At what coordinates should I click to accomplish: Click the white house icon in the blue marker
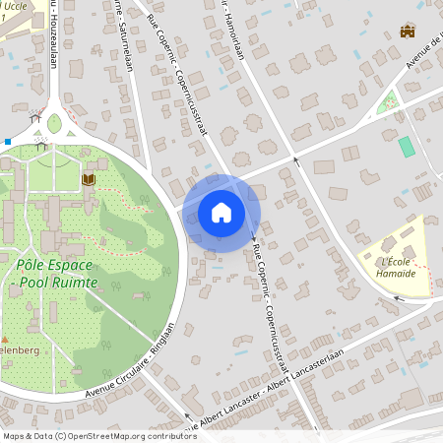pos(221,212)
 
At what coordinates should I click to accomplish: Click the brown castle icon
pos(408,31)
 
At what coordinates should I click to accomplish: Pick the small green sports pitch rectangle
pos(406,147)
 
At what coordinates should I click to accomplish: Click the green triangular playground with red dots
pos(388,101)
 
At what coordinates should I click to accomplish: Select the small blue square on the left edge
pos(7,142)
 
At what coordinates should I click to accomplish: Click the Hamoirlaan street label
pos(232,30)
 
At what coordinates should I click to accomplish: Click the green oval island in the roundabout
pos(53,124)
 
